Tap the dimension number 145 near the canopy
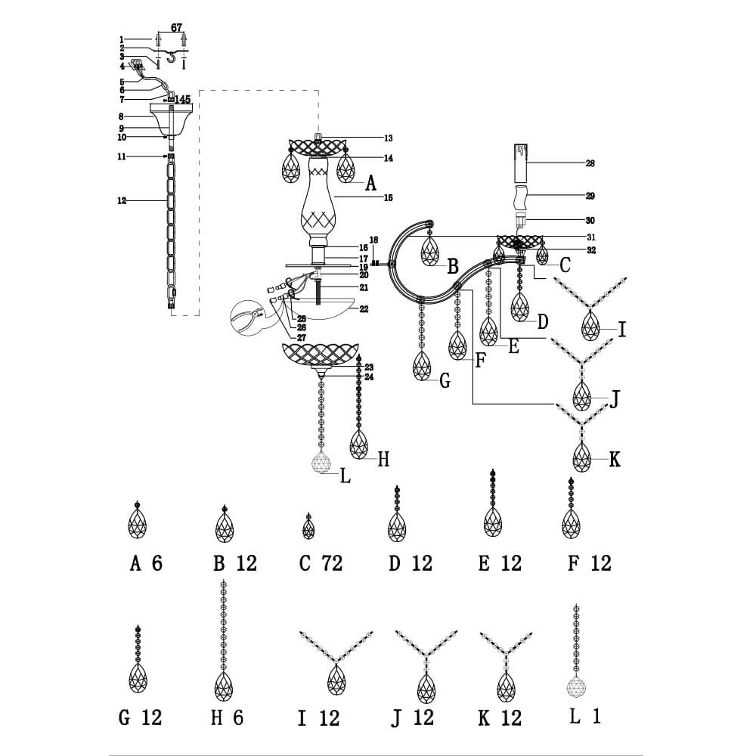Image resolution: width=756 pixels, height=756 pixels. [x=182, y=99]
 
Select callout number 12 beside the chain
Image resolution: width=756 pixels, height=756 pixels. [x=122, y=200]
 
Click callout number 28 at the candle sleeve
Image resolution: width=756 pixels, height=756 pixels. [x=590, y=163]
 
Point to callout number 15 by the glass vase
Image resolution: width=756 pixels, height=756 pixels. [x=389, y=198]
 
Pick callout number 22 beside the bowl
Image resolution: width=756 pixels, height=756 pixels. [x=364, y=309]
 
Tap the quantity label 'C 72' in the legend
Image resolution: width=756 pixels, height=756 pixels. [x=321, y=563]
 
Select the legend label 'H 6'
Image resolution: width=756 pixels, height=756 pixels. [x=227, y=717]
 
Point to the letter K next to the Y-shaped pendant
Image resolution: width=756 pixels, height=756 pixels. [x=615, y=459]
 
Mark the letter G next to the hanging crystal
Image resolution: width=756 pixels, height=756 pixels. [x=445, y=382]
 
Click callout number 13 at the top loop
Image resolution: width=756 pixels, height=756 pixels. [x=389, y=138]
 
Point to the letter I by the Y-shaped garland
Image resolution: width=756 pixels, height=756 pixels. [x=621, y=330]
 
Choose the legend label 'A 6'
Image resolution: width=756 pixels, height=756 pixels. [x=146, y=563]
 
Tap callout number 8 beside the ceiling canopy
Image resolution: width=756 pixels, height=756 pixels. [x=121, y=116]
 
